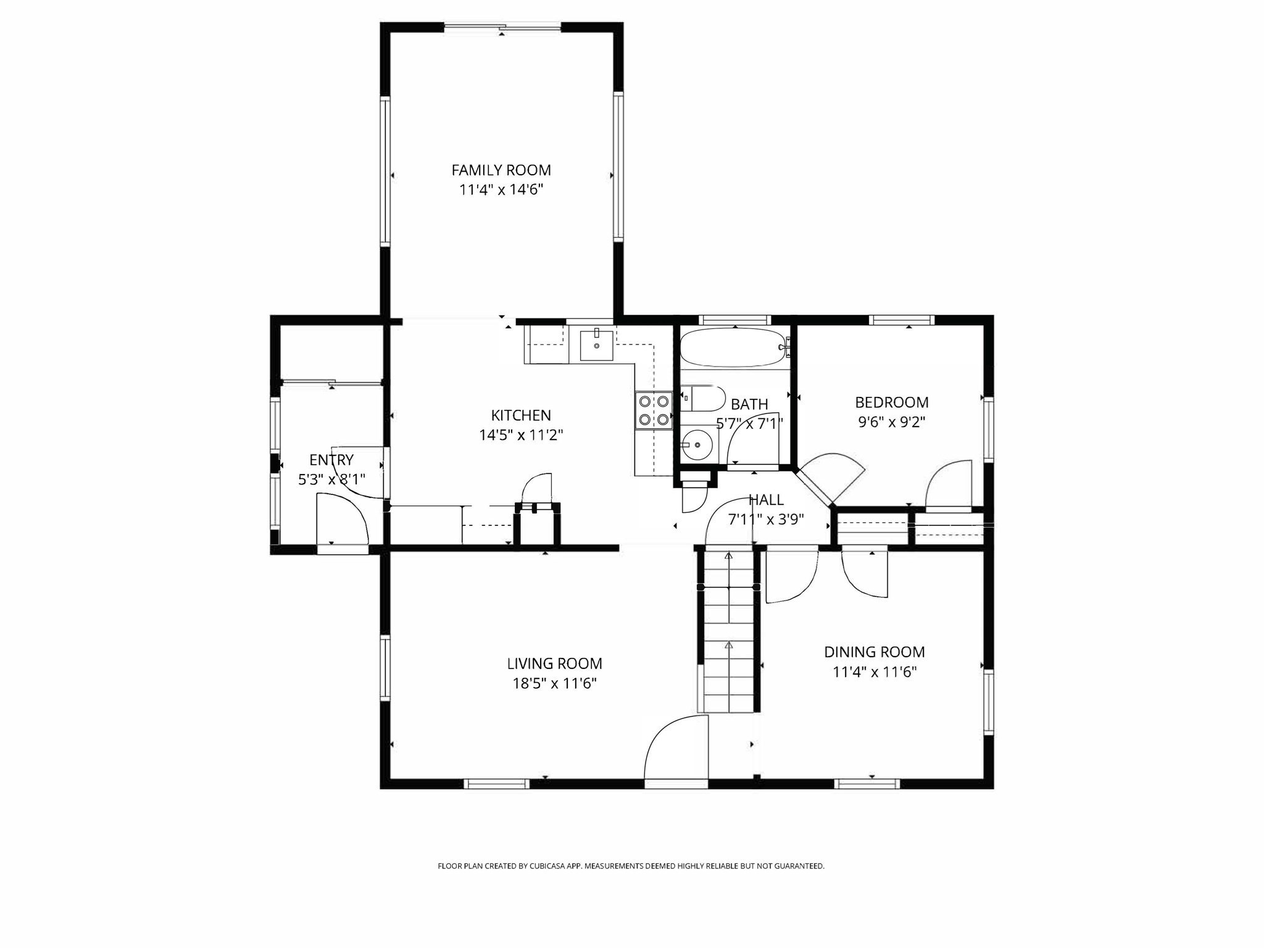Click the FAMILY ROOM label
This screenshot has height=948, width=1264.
[501, 170]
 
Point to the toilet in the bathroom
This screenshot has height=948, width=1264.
[703, 399]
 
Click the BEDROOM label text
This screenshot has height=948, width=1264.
[891, 402]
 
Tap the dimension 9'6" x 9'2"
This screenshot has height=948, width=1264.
[891, 422]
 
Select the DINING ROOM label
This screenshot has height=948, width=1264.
[875, 652]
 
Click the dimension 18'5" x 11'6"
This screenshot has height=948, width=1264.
[554, 683]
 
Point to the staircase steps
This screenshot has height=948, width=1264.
[728, 632]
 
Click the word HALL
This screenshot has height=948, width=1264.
[766, 500]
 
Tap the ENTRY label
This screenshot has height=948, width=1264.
[331, 460]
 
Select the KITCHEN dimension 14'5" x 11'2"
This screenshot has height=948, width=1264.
[521, 435]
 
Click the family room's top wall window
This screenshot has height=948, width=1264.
[502, 27]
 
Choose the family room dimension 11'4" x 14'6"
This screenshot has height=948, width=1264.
[501, 189]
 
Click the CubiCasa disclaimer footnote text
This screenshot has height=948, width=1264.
[631, 866]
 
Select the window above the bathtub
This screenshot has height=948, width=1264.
[734, 320]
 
